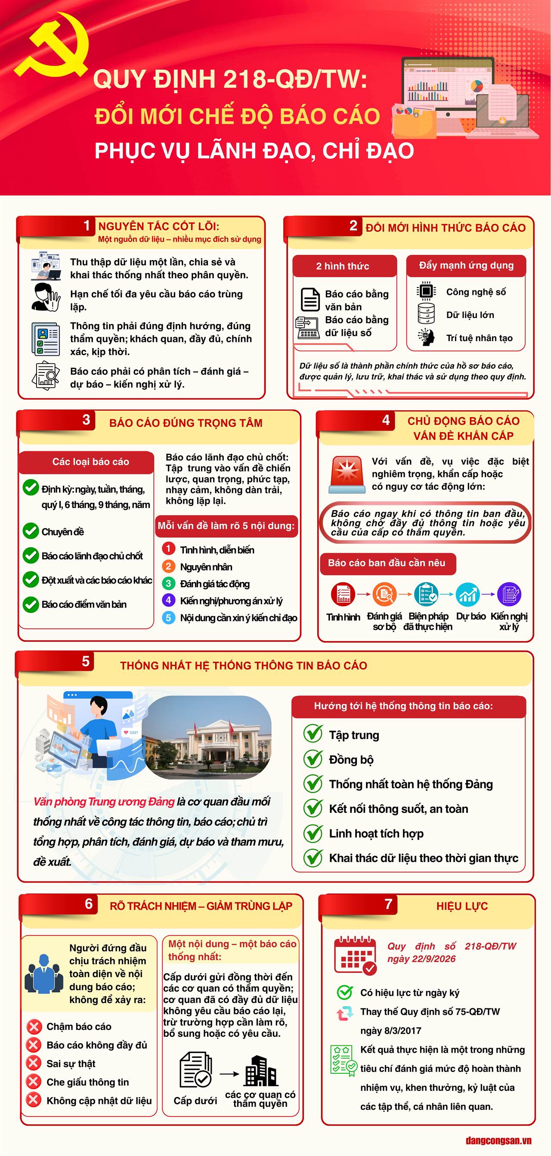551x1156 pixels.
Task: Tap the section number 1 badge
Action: tap(87, 225)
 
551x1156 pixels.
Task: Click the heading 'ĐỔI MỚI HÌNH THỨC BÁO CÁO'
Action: tap(446, 227)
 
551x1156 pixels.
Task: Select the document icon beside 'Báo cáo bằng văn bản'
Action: tap(310, 299)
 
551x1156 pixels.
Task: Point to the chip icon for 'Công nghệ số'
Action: tap(426, 291)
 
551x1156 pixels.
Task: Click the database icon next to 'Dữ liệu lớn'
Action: tap(426, 313)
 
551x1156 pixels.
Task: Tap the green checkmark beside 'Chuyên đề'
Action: tap(31, 531)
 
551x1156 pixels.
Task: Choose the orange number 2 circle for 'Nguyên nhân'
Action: tap(168, 566)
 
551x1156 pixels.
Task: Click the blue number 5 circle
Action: tap(168, 617)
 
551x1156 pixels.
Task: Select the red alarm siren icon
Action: tap(347, 475)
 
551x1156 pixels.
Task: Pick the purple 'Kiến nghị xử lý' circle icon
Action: tap(509, 594)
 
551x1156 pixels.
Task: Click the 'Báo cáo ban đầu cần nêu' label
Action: tap(387, 563)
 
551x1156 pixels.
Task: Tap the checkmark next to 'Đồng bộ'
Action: tap(313, 759)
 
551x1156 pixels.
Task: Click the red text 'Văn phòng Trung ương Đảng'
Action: tap(104, 802)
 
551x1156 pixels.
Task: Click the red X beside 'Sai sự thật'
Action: tap(33, 1063)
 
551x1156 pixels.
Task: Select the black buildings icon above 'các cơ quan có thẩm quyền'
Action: tap(261, 1072)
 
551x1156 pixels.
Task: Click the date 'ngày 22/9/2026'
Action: tap(421, 959)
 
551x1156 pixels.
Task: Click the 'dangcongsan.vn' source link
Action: tap(498, 1141)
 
